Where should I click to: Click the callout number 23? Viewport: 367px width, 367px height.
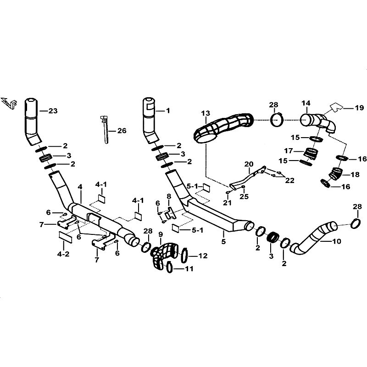(54, 111)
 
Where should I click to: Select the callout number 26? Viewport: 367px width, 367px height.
(122, 131)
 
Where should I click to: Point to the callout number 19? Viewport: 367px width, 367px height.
(359, 108)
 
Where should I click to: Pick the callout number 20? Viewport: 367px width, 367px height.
(249, 164)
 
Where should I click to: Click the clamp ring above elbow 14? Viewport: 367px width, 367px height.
(277, 119)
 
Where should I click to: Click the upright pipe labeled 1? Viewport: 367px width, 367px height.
(150, 118)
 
